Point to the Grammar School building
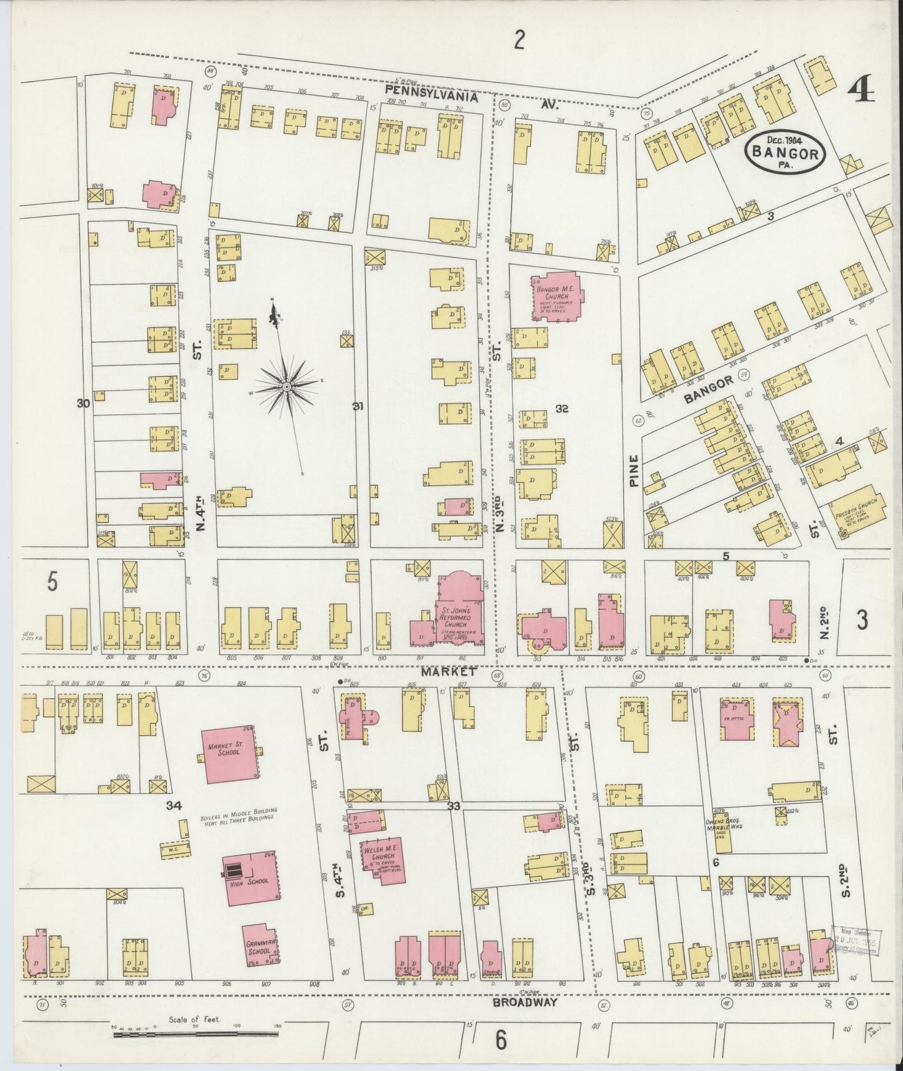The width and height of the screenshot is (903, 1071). coord(261,946)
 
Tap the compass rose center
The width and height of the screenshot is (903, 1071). coord(286,388)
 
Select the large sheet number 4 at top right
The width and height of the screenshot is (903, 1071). coord(861,91)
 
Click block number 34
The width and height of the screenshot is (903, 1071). coord(173,806)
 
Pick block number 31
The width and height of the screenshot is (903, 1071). coord(357,407)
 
